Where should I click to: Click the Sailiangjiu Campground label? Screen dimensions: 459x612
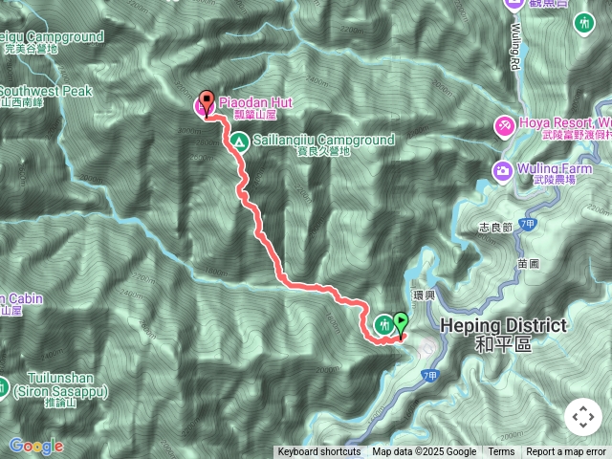coord(323,140)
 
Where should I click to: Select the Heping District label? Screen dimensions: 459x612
coord(503,326)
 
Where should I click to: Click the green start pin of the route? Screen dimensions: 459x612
coord(401,325)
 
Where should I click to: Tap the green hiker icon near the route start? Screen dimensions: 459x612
coord(383,323)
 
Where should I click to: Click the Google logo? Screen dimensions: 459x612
coord(35,446)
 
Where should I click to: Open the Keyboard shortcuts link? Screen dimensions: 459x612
coord(318,452)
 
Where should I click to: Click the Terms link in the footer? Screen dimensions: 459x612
coord(501,452)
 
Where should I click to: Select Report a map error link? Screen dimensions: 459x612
coord(566,452)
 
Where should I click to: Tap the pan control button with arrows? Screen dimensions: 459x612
coord(582,417)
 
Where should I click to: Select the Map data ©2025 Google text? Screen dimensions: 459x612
coord(424,452)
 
